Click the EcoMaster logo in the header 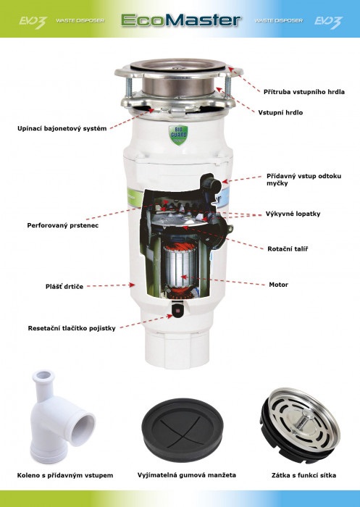click(x=181, y=20)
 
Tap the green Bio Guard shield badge click(x=178, y=135)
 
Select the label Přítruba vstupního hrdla click(x=304, y=92)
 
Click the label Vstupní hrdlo click(x=280, y=112)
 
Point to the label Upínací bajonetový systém click(x=62, y=128)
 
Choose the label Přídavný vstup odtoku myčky click(x=304, y=180)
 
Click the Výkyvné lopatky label click(x=293, y=214)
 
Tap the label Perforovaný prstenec click(x=63, y=225)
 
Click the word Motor click(x=278, y=285)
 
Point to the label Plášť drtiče click(x=64, y=287)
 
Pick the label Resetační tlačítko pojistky click(x=72, y=328)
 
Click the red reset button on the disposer click(x=177, y=311)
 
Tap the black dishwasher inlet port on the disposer click(x=212, y=184)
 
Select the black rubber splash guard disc click(x=183, y=430)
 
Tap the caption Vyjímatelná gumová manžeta click(x=187, y=475)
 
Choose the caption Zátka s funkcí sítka click(x=304, y=475)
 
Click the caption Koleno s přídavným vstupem click(x=65, y=475)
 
